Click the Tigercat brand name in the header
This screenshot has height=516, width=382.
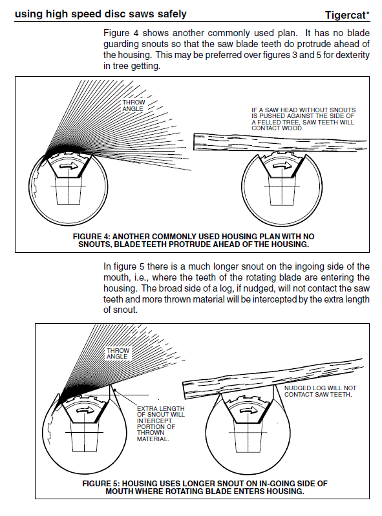(346, 15)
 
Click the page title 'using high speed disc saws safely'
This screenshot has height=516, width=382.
(101, 14)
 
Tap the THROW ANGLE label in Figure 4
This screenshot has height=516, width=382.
(134, 106)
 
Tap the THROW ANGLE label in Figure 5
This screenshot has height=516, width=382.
(118, 353)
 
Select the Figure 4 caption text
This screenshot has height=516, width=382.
(194, 241)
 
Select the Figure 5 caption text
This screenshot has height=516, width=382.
(205, 488)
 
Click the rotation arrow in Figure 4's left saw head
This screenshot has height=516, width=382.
(70, 167)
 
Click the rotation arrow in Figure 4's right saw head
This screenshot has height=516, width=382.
(283, 166)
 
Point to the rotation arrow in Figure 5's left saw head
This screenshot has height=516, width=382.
(85, 411)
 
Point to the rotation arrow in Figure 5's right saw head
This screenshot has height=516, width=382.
(248, 411)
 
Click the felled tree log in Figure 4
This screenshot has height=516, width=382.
(280, 143)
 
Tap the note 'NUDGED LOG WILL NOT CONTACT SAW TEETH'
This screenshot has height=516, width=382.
(320, 392)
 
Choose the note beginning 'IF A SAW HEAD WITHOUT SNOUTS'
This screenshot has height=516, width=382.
(304, 119)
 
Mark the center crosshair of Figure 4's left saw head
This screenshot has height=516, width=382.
(69, 186)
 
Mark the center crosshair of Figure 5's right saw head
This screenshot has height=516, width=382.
(249, 432)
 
